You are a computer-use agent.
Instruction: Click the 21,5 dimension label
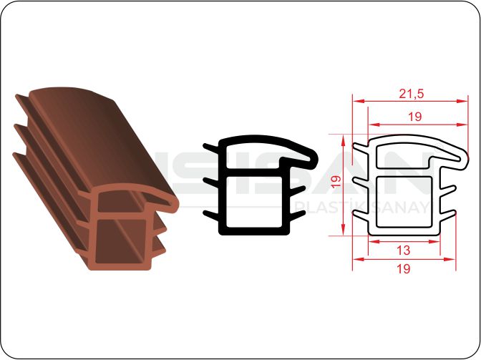tap(412, 93)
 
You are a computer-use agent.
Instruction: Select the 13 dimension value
tap(404, 250)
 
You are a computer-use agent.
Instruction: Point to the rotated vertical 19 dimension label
tap(336, 183)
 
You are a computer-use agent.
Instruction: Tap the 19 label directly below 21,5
tap(414, 117)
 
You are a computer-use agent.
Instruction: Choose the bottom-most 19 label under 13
tap(404, 268)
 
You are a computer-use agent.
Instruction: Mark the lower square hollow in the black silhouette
tap(254, 201)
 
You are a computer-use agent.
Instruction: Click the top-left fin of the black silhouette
tap(211, 147)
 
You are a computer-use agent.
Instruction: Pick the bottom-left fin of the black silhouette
tap(211, 215)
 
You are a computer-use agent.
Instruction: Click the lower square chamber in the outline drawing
tap(404, 202)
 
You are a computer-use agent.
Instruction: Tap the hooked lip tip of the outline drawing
tap(466, 158)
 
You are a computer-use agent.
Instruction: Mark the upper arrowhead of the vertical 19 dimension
tap(344, 140)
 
